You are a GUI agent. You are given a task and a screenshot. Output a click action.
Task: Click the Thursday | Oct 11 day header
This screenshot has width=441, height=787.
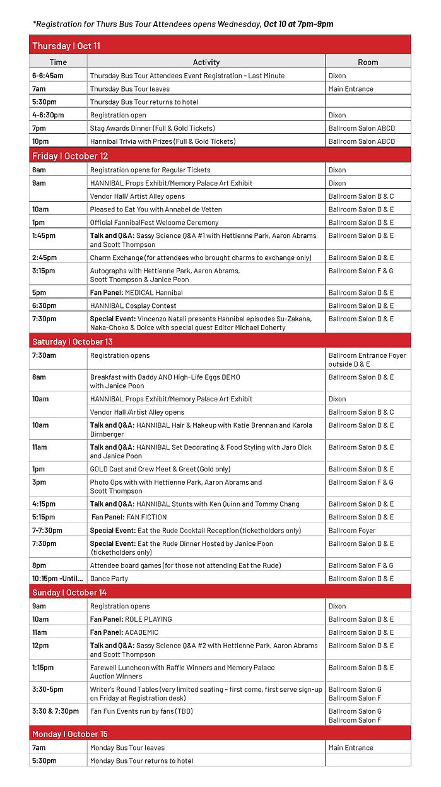pos(66,46)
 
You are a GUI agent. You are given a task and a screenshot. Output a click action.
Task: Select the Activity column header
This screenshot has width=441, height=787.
pos(206,62)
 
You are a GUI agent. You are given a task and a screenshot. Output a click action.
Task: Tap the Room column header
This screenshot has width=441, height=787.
pos(368,62)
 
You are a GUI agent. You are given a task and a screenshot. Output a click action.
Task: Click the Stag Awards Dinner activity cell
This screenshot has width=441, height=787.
pos(152,128)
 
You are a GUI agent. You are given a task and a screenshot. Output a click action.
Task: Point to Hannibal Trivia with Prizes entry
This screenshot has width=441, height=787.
pos(163,141)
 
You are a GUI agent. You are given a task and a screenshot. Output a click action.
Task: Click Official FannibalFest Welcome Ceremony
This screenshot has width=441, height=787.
pos(154,223)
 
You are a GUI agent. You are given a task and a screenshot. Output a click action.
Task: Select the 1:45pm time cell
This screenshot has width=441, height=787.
pos(44,236)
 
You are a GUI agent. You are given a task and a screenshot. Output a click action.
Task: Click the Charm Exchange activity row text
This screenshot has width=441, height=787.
pos(201,257)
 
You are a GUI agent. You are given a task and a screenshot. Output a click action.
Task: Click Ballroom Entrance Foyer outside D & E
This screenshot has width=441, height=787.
pos(367,360)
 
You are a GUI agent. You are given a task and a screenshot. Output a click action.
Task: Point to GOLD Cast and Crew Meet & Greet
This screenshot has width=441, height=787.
pos(160,470)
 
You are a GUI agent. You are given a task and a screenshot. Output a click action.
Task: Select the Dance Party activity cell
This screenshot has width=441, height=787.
pos(110,579)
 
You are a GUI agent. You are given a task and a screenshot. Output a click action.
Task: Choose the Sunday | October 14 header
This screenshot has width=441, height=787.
pos(69,593)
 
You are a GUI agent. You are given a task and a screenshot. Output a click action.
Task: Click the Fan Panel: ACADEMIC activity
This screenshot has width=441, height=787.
pos(124,632)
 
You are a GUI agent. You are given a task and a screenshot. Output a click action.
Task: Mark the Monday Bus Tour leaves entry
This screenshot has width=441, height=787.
pos(127,748)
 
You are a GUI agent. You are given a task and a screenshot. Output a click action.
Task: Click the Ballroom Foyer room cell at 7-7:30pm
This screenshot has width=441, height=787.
pos(352,531)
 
